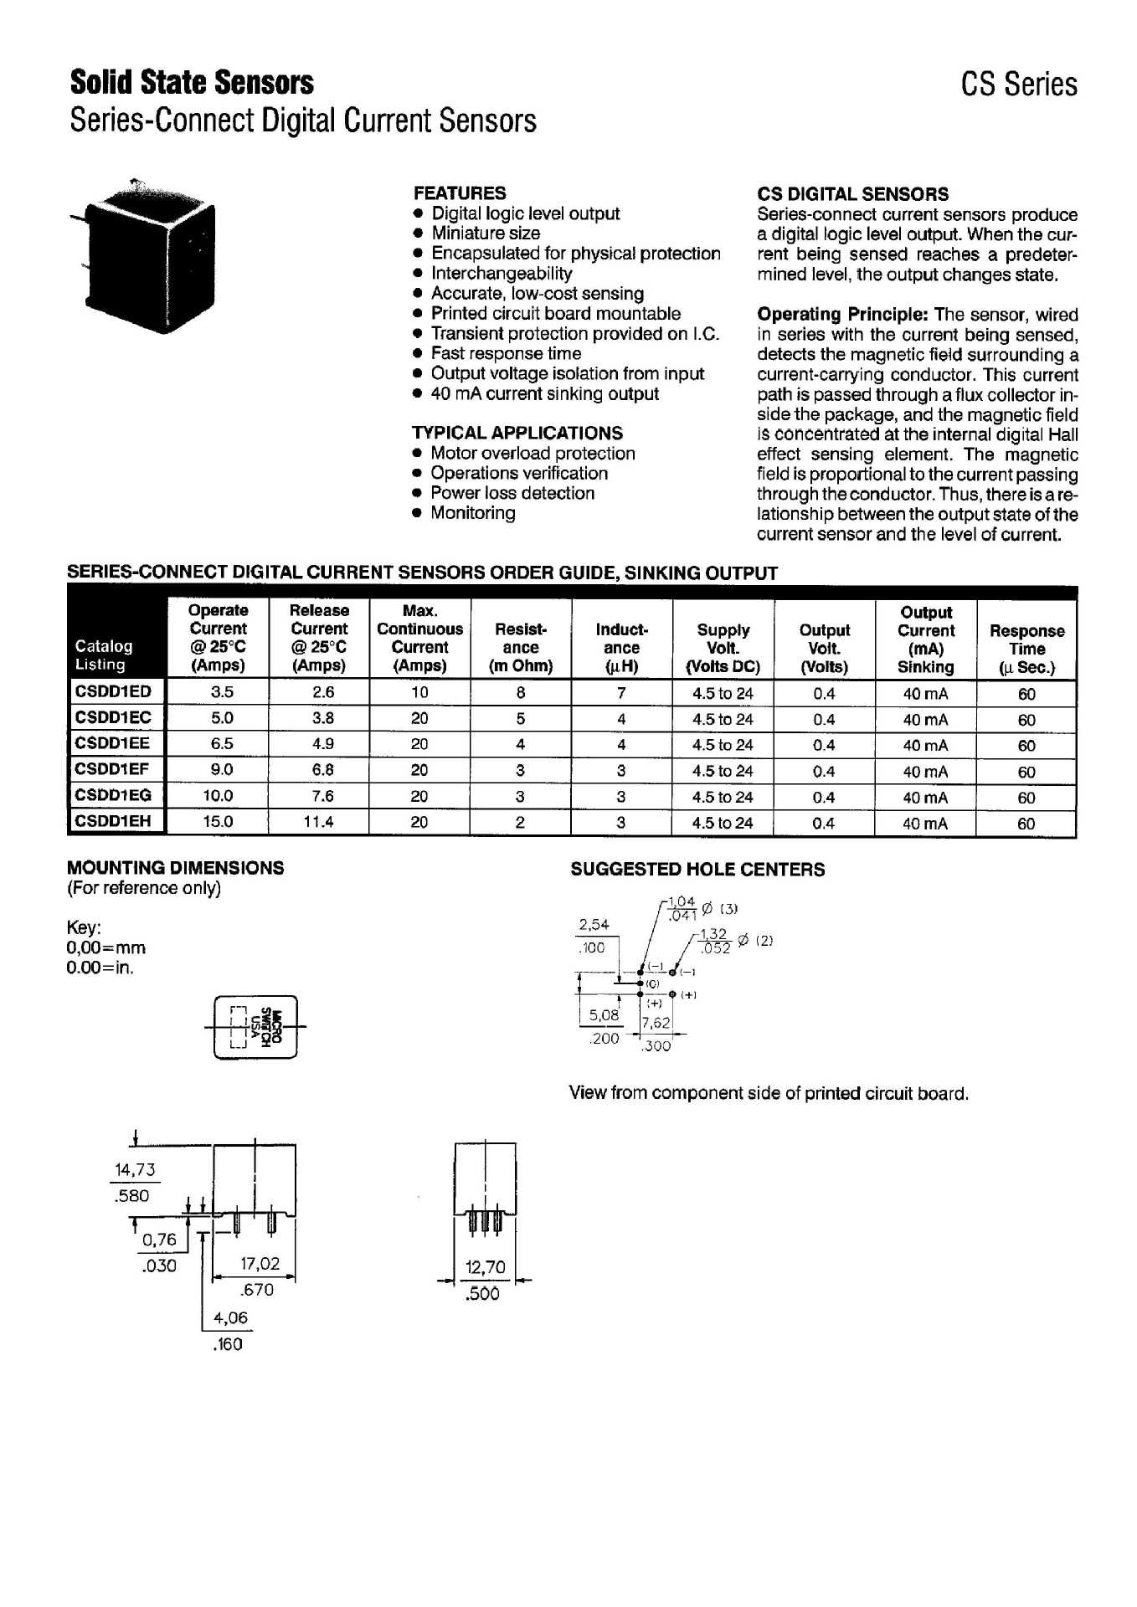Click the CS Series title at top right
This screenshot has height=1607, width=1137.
pyautogui.click(x=1018, y=85)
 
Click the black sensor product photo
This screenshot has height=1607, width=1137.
pyautogui.click(x=147, y=255)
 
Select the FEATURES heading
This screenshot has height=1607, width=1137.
pyautogui.click(x=460, y=193)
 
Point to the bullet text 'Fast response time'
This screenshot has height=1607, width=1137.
pyautogui.click(x=506, y=353)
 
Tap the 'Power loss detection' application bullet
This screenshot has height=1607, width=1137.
pyautogui.click(x=512, y=493)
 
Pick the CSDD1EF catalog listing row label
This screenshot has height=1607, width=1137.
pyautogui.click(x=112, y=769)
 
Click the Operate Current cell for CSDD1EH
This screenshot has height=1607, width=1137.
pyautogui.click(x=218, y=822)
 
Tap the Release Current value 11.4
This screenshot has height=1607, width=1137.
pyautogui.click(x=319, y=822)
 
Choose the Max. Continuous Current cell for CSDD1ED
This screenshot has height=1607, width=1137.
pyautogui.click(x=419, y=692)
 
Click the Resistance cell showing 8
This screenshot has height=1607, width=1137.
pyautogui.click(x=521, y=692)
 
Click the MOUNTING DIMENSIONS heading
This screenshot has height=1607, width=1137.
pyautogui.click(x=175, y=868)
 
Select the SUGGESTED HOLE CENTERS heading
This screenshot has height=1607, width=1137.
pyautogui.click(x=697, y=870)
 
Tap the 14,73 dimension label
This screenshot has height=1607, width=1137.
pyautogui.click(x=135, y=1170)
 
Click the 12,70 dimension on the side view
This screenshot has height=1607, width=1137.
pyautogui.click(x=486, y=1267)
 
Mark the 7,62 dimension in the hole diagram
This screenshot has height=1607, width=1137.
pyautogui.click(x=656, y=1023)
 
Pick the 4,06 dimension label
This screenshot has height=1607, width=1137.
pyautogui.click(x=230, y=1317)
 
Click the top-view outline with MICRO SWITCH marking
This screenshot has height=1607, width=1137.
pyautogui.click(x=256, y=1027)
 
